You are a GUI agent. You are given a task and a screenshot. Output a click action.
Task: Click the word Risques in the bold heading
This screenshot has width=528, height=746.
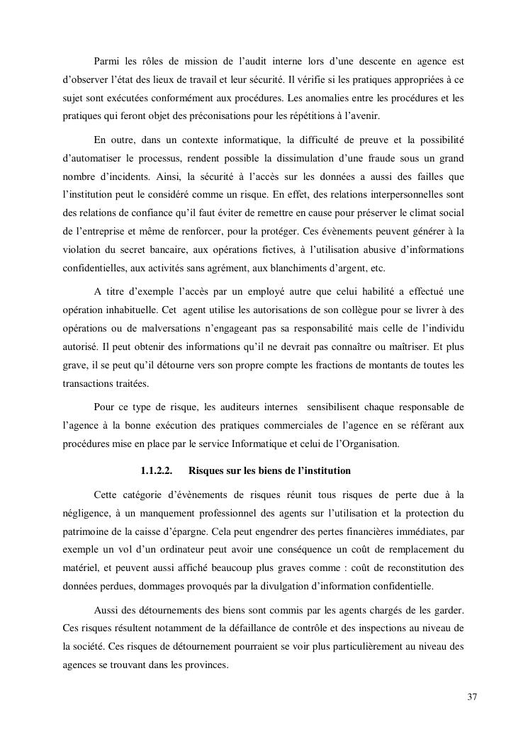pos(208,470)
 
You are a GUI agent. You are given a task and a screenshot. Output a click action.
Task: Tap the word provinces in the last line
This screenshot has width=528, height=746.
pos(207,665)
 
